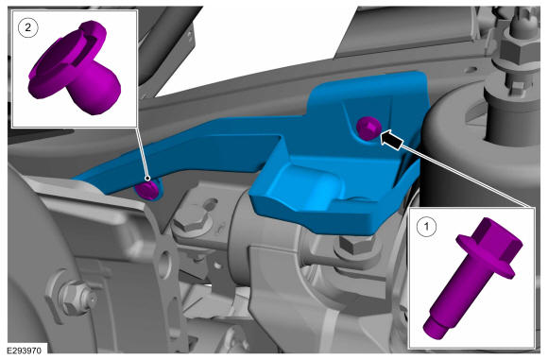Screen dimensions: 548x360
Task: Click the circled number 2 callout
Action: pos(27,27)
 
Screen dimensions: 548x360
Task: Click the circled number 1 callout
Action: pos(427,227)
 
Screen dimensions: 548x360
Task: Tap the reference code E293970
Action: pos(25,351)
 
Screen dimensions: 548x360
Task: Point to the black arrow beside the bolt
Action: pos(391,139)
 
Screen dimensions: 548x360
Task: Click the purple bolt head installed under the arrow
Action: pos(368,129)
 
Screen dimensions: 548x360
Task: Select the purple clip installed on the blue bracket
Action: pos(147,190)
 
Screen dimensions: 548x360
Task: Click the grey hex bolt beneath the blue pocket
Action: pos(353,245)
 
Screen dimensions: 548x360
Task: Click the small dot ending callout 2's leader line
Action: pos(147,179)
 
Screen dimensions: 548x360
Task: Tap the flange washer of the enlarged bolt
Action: pos(486,258)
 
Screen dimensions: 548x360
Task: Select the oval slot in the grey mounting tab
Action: pos(211,204)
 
